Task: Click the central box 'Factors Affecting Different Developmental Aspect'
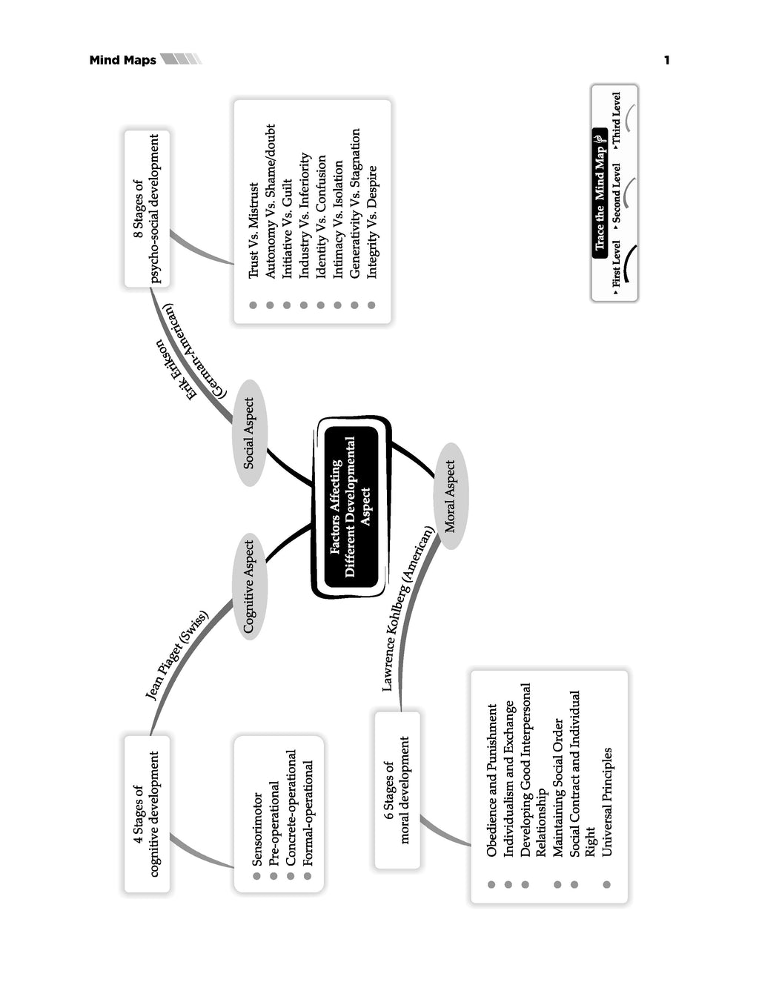click(x=351, y=507)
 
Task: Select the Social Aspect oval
click(x=250, y=434)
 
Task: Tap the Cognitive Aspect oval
click(x=250, y=586)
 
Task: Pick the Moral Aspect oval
click(x=450, y=496)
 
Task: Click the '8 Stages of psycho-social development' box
click(x=146, y=208)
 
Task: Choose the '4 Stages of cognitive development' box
click(x=146, y=813)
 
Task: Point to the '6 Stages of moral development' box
click(x=397, y=790)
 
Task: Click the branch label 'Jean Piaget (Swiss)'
click(x=176, y=655)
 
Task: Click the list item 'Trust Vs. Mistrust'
click(x=253, y=230)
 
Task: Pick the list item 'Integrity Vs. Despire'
click(x=372, y=222)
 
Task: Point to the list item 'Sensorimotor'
click(x=257, y=829)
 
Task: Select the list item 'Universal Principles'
click(x=607, y=802)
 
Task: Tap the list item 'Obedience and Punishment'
click(x=491, y=780)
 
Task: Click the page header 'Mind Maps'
click(x=122, y=60)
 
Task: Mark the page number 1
click(x=666, y=60)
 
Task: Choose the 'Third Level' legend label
click(x=617, y=119)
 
